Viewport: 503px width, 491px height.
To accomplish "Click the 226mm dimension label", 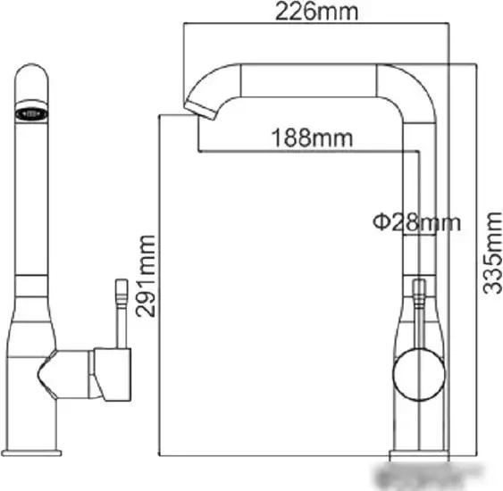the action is point(316,12).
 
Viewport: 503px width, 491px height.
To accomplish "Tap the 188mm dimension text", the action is point(312,137).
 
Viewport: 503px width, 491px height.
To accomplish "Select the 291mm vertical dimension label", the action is point(146,276).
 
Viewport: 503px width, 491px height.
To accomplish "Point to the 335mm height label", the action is point(493,253).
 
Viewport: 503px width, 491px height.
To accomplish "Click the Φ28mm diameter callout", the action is point(416,222).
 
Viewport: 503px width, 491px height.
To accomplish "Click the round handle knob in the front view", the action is point(419,374).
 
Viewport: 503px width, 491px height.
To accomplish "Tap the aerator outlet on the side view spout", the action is point(31,113).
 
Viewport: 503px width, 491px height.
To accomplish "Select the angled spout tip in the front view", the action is point(200,109).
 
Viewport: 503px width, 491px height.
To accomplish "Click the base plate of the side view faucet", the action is point(31,453).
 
